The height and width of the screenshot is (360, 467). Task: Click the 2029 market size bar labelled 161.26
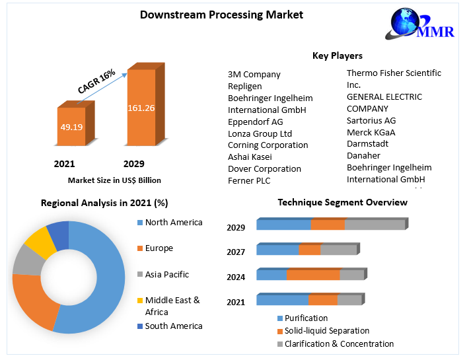[x=141, y=109]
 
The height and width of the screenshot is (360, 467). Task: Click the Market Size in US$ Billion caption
[x=114, y=180]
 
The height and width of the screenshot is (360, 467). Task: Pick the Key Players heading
[x=337, y=55]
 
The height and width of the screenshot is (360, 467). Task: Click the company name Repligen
[x=244, y=86]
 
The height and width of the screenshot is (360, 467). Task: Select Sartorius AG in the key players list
[x=371, y=120]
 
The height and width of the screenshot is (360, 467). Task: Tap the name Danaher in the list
[x=365, y=155]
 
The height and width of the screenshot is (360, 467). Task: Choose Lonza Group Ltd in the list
[x=260, y=133]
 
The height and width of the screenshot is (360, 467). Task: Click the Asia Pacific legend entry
[x=166, y=274]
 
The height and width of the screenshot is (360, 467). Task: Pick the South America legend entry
[x=173, y=326]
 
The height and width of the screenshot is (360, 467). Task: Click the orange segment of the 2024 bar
[x=312, y=275]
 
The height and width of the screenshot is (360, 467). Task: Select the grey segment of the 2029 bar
[x=375, y=225]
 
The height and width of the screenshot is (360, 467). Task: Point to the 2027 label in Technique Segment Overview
[x=236, y=252]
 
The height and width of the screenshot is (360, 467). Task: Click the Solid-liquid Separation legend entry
[x=326, y=330]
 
